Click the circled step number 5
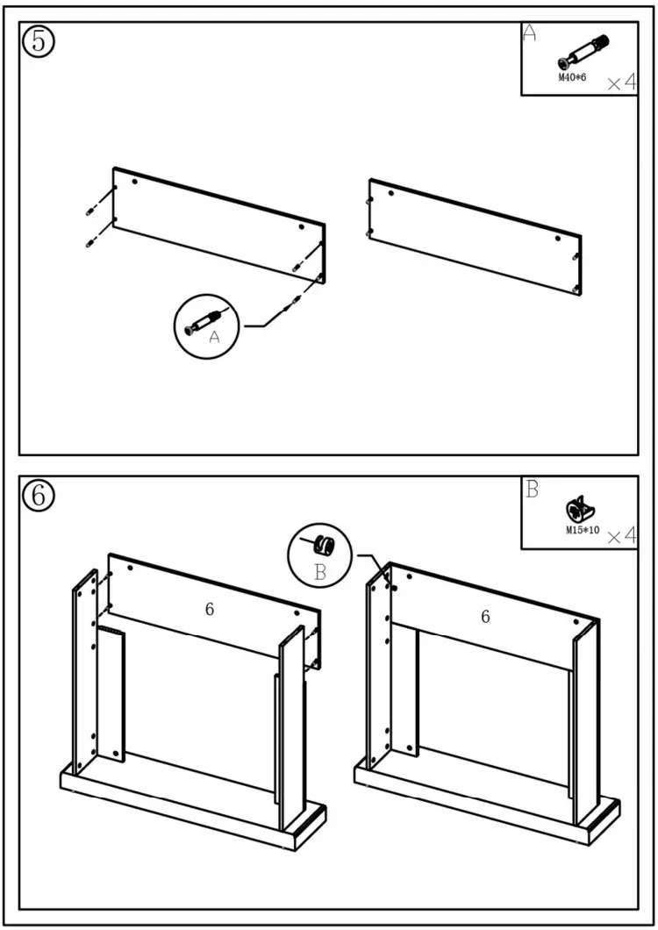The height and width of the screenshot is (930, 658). click(39, 42)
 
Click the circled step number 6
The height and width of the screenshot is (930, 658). click(39, 496)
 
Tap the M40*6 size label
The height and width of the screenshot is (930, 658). click(572, 78)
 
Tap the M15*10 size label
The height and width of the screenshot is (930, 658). click(582, 530)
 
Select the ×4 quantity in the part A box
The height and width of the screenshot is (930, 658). click(621, 82)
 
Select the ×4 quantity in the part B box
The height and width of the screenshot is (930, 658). click(621, 535)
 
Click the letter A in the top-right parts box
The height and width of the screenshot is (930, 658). click(529, 33)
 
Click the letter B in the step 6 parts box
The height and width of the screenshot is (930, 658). click(532, 490)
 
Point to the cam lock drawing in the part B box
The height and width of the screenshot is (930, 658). click(580, 510)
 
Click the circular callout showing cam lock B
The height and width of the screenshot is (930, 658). click(319, 552)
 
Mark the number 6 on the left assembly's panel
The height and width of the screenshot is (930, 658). click(210, 608)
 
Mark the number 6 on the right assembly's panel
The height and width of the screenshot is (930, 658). click(485, 617)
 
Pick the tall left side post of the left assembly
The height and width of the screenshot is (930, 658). click(85, 671)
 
